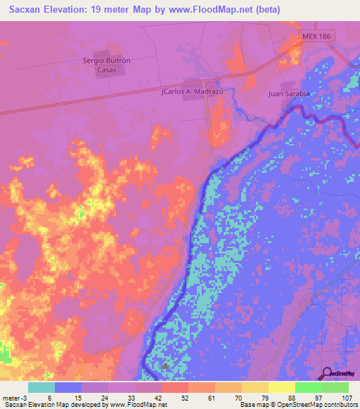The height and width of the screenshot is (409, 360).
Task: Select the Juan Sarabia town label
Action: point(289,93)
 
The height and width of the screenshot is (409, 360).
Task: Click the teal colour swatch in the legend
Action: point(41,387)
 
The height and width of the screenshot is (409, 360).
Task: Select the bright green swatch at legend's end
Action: point(335,387)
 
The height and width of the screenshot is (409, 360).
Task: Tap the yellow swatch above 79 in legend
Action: point(255,387)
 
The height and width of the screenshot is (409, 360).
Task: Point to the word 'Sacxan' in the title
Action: point(26,9)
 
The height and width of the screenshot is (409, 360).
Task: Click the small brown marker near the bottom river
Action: point(165,365)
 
